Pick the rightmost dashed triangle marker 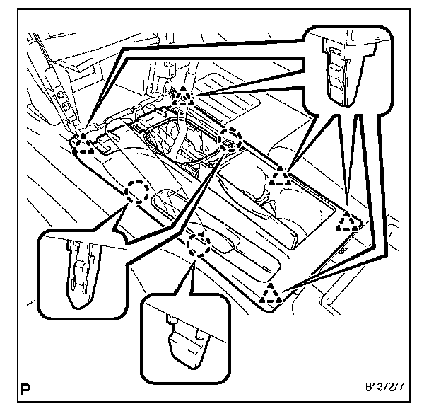(x=347, y=222)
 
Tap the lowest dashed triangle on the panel (x=271, y=292)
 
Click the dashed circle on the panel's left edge (x=137, y=190)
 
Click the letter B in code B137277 (x=368, y=388)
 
